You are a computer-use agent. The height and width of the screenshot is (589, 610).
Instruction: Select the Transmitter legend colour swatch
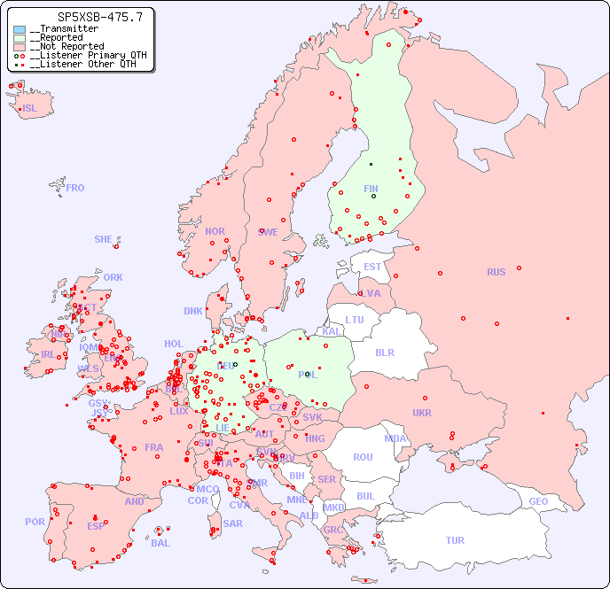click(20, 29)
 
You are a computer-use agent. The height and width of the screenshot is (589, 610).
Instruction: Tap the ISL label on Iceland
click(30, 109)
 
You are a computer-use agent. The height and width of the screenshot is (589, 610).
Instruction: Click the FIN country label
click(371, 189)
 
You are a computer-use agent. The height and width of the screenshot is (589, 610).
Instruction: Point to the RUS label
click(496, 272)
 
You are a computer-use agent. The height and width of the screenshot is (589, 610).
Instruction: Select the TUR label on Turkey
click(455, 540)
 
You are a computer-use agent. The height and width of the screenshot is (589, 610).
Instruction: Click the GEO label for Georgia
click(538, 501)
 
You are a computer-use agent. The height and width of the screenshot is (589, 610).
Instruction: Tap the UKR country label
click(422, 413)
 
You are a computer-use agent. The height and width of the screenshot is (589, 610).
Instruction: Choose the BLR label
click(384, 352)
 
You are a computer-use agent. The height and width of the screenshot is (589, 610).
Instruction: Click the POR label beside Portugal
click(35, 522)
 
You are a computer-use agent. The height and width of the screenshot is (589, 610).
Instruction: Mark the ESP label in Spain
click(96, 525)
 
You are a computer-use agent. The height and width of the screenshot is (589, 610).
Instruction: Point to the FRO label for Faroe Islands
click(75, 188)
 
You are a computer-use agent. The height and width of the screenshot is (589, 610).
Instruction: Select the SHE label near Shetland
click(104, 239)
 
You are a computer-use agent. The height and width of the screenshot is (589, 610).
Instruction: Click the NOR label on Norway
click(215, 231)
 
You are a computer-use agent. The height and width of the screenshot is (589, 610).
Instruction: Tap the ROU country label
click(363, 457)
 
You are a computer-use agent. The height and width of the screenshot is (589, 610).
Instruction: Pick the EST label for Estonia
click(372, 267)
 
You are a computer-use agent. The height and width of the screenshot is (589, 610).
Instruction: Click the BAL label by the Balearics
click(160, 543)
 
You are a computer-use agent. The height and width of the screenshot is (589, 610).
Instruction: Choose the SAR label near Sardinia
click(232, 523)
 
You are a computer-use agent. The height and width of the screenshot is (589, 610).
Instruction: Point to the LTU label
click(355, 320)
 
